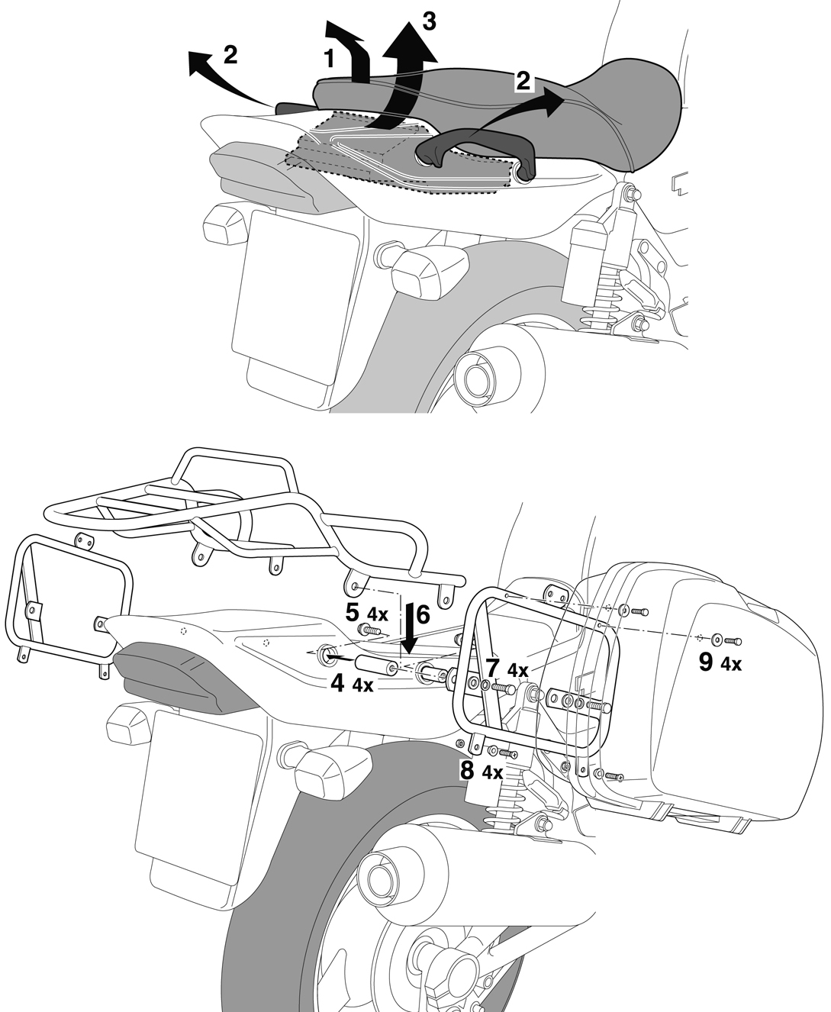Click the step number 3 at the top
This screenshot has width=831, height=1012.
(x=428, y=22)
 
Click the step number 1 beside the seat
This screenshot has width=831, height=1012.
(x=329, y=59)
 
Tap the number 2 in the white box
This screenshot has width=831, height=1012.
(x=523, y=81)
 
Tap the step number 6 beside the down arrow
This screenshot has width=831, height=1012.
(x=423, y=614)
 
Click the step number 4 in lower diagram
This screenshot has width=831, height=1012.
(x=337, y=683)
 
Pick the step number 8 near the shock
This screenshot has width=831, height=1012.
(x=466, y=770)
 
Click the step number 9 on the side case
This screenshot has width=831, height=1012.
(x=705, y=662)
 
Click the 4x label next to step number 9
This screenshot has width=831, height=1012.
(x=731, y=665)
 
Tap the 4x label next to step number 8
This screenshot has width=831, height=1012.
(x=493, y=773)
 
